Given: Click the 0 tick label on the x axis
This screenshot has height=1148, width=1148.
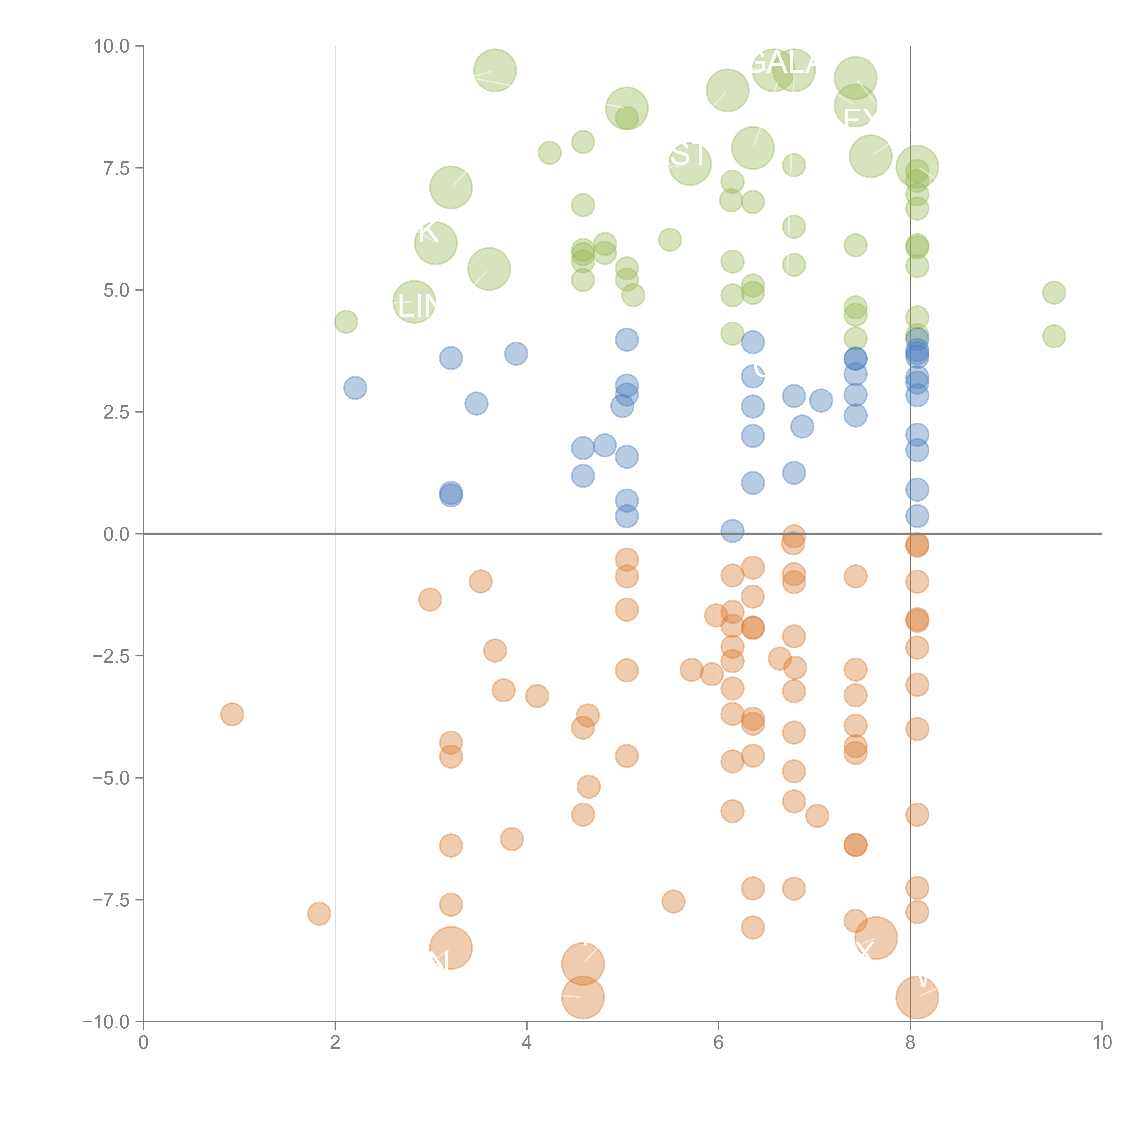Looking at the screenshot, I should [x=143, y=1043].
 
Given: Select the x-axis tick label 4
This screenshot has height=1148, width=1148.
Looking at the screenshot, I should [x=526, y=1043].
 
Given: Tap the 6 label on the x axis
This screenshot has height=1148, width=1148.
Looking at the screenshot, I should [x=718, y=1043].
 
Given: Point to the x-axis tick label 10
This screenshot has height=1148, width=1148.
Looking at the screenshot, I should [x=1102, y=1043].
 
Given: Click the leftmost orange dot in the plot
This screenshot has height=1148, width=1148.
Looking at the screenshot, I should [x=232, y=714].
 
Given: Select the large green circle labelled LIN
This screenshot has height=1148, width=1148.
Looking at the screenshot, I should [x=414, y=302].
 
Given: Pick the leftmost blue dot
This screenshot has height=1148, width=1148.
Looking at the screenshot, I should [x=355, y=388].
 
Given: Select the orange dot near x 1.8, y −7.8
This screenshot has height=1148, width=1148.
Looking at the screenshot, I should [x=319, y=913].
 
